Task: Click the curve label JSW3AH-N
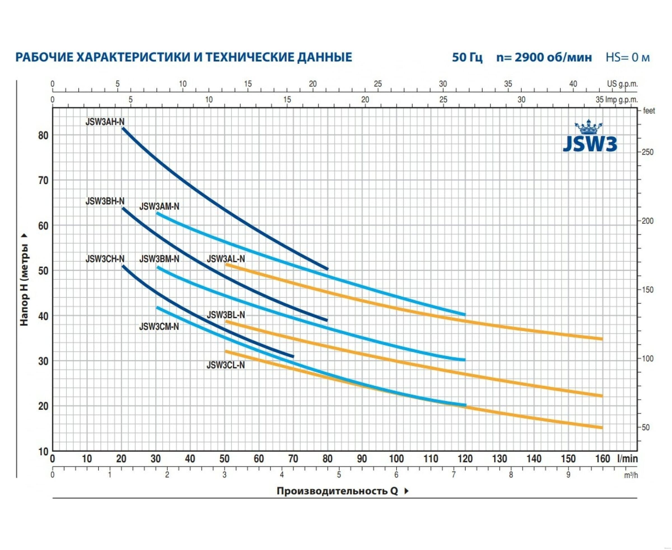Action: [x=105, y=122]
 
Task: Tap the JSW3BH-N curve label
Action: [x=105, y=201]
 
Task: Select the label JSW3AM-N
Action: [x=159, y=207]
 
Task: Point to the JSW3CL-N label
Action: [x=226, y=365]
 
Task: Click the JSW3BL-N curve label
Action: [x=226, y=315]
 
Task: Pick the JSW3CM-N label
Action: [x=159, y=327]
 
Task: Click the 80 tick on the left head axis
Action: [x=43, y=136]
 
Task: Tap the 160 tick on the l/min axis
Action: [x=602, y=459]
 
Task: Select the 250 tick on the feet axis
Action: [x=648, y=152]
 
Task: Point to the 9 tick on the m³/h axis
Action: [x=568, y=475]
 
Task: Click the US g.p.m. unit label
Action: [x=622, y=84]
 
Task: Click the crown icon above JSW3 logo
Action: [x=588, y=128]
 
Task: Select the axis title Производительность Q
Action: [x=337, y=491]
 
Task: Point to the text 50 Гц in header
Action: [x=467, y=57]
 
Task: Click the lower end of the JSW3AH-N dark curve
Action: [x=328, y=269]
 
